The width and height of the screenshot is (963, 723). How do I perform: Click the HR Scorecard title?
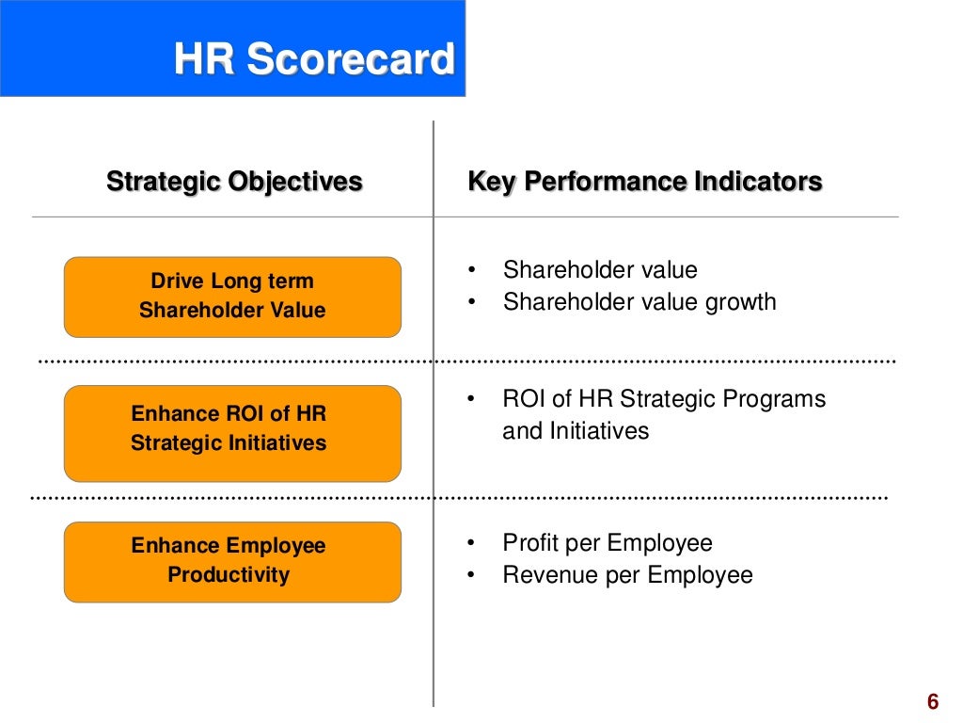(x=314, y=60)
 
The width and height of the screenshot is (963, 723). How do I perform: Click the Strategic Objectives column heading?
(x=234, y=181)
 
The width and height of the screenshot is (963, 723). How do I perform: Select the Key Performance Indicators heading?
(x=645, y=181)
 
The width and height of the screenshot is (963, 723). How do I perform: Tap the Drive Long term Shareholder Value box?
(x=232, y=297)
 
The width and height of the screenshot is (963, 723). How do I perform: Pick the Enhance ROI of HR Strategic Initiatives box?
(x=232, y=429)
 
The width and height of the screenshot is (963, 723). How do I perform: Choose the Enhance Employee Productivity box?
(x=232, y=561)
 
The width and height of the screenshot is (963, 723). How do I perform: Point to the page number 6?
(x=932, y=702)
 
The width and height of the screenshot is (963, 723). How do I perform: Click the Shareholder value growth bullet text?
(x=639, y=302)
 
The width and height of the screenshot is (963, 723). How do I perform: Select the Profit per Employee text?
(x=608, y=543)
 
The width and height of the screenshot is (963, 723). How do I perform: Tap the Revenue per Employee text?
(x=627, y=575)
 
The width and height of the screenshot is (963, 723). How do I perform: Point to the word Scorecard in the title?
(x=351, y=60)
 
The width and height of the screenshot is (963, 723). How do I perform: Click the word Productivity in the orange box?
(x=229, y=575)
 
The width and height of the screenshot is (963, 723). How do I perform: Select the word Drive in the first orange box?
(x=177, y=281)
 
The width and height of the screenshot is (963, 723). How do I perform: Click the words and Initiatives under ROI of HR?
(x=576, y=431)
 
